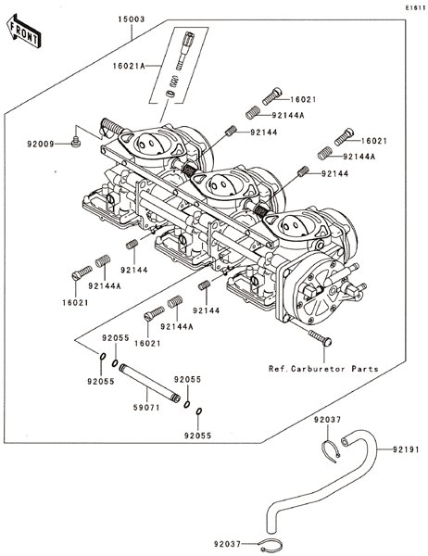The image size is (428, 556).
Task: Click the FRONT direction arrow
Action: (23, 31)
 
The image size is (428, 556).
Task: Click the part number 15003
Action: (132, 19)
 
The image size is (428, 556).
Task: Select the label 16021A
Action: (129, 66)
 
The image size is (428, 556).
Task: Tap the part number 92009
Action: (41, 144)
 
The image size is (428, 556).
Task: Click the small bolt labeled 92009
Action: (76, 143)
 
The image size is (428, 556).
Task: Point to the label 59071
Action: (146, 408)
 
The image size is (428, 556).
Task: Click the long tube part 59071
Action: (150, 382)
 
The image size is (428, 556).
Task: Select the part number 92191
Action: (406, 449)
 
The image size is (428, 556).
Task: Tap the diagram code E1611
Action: (416, 7)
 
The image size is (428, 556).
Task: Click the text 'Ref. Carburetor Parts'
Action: (323, 369)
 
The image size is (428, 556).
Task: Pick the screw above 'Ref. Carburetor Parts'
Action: (321, 337)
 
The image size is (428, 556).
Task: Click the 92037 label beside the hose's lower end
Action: (227, 544)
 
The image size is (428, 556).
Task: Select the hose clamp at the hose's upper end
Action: (331, 451)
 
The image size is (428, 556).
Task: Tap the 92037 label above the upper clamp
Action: (327, 420)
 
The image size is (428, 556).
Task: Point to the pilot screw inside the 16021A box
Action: (185, 50)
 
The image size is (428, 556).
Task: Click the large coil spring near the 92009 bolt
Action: (112, 127)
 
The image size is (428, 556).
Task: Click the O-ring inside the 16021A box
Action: (170, 95)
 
